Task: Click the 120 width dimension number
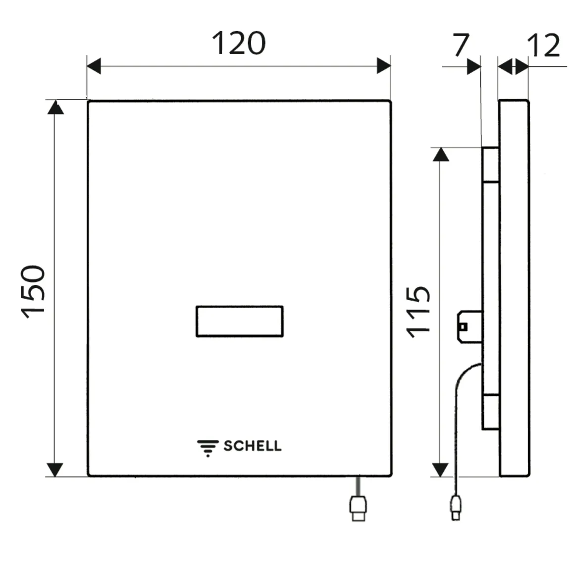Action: pyautogui.click(x=239, y=44)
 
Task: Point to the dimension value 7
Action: pyautogui.click(x=461, y=46)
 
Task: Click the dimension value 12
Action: pyautogui.click(x=543, y=46)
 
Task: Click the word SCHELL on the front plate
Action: pyautogui.click(x=252, y=446)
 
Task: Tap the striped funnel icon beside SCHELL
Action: pyautogui.click(x=208, y=447)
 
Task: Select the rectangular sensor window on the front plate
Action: pyautogui.click(x=239, y=321)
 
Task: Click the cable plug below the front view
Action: pyautogui.click(x=358, y=507)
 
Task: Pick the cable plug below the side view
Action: pyautogui.click(x=455, y=508)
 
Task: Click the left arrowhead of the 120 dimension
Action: pyautogui.click(x=94, y=65)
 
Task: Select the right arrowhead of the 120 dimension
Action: pyautogui.click(x=384, y=65)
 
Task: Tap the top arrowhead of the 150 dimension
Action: pyautogui.click(x=55, y=107)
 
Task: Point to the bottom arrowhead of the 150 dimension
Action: pyautogui.click(x=55, y=469)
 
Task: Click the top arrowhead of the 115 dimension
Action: pyautogui.click(x=441, y=154)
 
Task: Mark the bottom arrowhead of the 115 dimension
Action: pyautogui.click(x=440, y=469)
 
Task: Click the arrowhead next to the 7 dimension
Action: pyautogui.click(x=474, y=66)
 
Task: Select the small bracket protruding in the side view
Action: pyautogui.click(x=468, y=326)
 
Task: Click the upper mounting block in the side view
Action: pyautogui.click(x=490, y=164)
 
